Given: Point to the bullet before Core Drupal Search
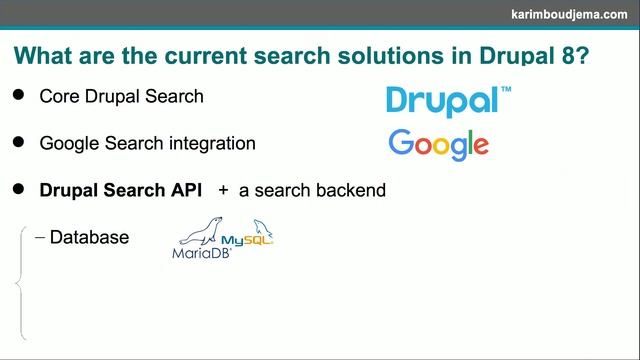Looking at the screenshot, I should click(x=18, y=96).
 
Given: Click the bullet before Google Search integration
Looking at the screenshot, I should click(x=18, y=142).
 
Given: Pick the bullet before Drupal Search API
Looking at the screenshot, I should click(x=18, y=188).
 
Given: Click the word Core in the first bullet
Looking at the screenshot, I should click(x=59, y=97).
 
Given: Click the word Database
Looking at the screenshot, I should click(x=89, y=237).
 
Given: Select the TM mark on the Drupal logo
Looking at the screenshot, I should click(x=506, y=90).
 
